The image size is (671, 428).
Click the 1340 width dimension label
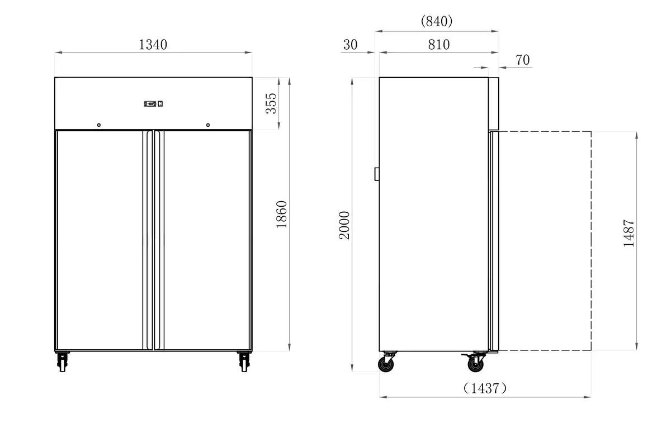(153, 45)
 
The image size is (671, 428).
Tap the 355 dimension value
(271, 103)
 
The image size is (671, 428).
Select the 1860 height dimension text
(282, 215)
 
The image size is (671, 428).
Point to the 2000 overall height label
(344, 225)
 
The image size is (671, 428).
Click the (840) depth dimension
(437, 21)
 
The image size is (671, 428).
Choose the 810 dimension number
(439, 45)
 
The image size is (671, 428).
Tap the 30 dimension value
(351, 45)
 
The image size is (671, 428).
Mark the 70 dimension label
(523, 60)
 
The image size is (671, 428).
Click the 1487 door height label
(629, 233)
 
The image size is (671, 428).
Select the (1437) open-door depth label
(485, 388)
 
